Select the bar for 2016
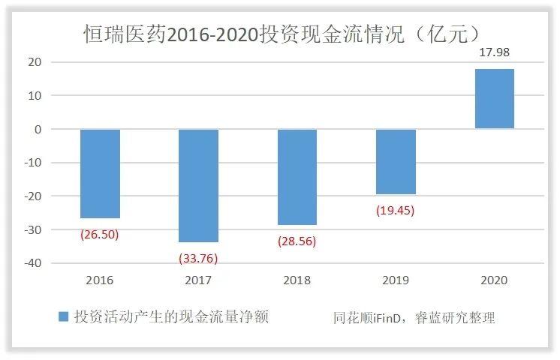click(100, 173)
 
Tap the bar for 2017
click(198, 185)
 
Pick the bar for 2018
click(297, 177)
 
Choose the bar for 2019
click(396, 161)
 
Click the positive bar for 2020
click(494, 99)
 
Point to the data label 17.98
click(494, 52)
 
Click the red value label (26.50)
click(100, 234)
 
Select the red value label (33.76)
click(198, 258)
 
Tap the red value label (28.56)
click(297, 241)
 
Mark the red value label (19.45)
click(396, 211)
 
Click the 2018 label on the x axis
click(297, 280)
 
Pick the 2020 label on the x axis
click(494, 280)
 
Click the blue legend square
click(63, 317)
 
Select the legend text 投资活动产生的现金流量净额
click(171, 317)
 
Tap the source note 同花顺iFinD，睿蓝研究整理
click(414, 318)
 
